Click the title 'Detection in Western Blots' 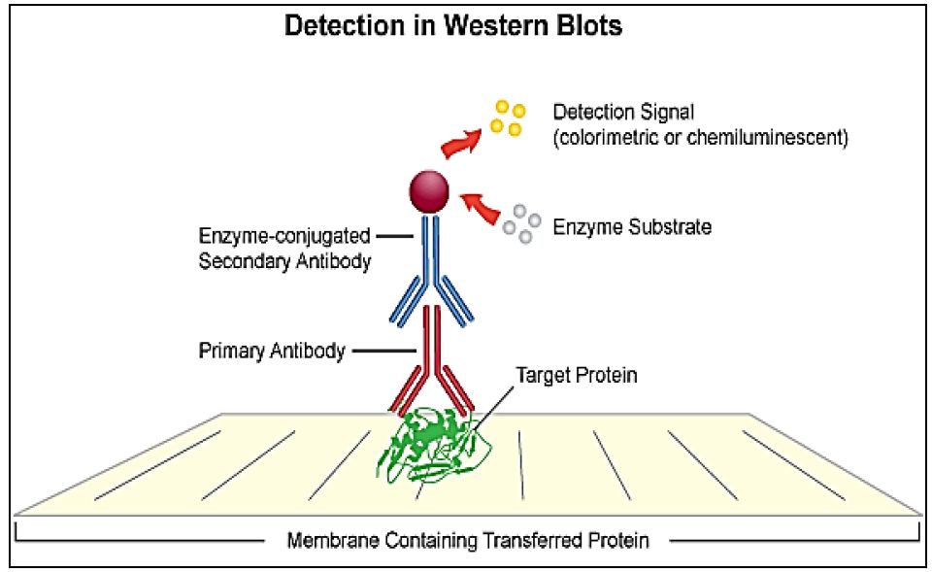[x=453, y=25]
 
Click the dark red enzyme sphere [x=428, y=191]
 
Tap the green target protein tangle [x=434, y=446]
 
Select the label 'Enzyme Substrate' [x=632, y=227]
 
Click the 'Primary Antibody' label [x=272, y=351]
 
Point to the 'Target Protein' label [x=576, y=375]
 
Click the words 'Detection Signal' [x=623, y=113]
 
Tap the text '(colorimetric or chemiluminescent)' [x=701, y=137]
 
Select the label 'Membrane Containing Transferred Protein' [x=468, y=541]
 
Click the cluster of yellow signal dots [x=508, y=118]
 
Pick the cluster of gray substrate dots [x=521, y=223]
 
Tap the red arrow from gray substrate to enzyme [x=481, y=208]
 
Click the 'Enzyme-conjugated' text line [x=284, y=236]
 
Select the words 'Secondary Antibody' [x=284, y=261]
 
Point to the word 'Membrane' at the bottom [x=333, y=541]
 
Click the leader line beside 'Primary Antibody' [x=384, y=351]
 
